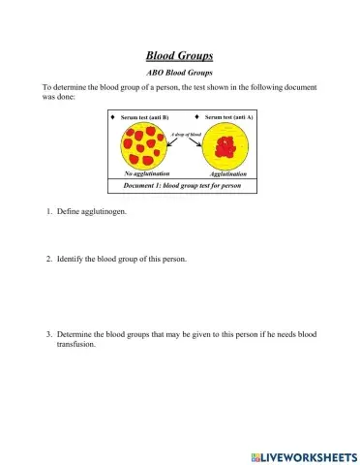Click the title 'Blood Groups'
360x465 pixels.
[179, 56]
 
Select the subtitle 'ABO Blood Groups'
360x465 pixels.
[179, 73]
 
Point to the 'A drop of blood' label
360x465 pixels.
[186, 132]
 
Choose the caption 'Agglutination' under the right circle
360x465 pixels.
[228, 174]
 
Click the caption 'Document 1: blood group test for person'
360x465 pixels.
[181, 185]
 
